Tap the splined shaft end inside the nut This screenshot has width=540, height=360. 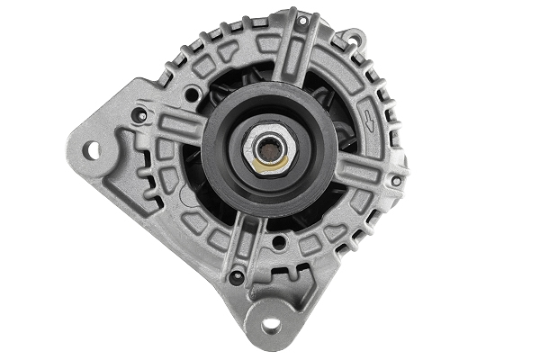pyautogui.click(x=270, y=145)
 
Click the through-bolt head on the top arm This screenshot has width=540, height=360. pyautogui.click(x=302, y=20)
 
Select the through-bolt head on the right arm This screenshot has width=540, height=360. pyautogui.click(x=396, y=181)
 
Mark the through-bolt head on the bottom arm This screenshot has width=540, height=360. pyautogui.click(x=237, y=277)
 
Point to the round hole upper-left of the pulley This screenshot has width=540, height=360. pyautogui.click(x=192, y=92)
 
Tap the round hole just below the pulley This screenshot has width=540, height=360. pyautogui.click(x=279, y=242)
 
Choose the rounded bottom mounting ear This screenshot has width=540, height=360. pyautogui.click(x=270, y=315)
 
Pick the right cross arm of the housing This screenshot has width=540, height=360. pyautogui.click(x=369, y=171)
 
